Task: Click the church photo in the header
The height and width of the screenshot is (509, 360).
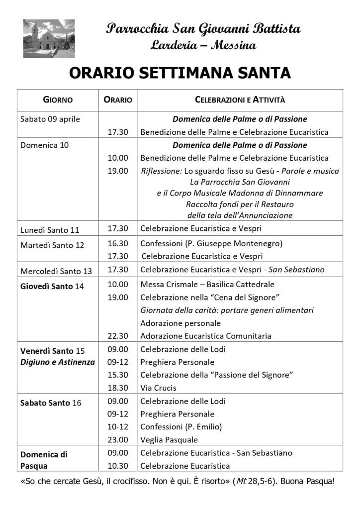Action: (49, 38)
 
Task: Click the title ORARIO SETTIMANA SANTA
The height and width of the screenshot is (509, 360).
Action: (180, 73)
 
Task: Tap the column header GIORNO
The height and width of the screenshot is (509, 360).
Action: (58, 100)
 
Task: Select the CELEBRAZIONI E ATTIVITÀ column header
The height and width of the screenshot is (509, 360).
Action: (240, 100)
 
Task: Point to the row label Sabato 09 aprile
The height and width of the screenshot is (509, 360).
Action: (50, 119)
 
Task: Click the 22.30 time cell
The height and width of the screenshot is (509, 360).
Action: (118, 336)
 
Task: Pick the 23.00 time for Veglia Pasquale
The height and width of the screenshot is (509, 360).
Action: (118, 440)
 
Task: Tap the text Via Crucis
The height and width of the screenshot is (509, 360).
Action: (159, 388)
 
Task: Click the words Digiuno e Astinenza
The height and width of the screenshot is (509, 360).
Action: (57, 362)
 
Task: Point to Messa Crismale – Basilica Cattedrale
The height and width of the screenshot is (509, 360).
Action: (207, 285)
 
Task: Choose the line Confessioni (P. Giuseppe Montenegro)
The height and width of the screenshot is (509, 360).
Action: (211, 243)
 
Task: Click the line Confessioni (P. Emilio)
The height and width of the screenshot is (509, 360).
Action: (181, 427)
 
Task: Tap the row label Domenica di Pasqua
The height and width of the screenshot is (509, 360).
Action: (44, 460)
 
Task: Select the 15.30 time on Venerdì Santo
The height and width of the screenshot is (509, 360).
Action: (118, 375)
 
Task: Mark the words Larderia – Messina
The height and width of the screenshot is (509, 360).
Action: (203, 46)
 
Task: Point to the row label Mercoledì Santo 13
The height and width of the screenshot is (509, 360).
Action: (56, 271)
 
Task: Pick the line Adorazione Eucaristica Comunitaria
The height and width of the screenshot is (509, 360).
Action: (212, 336)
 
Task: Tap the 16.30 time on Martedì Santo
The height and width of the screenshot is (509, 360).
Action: (118, 243)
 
